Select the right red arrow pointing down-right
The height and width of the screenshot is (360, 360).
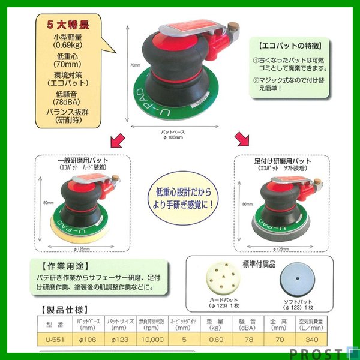pos(242,140)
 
